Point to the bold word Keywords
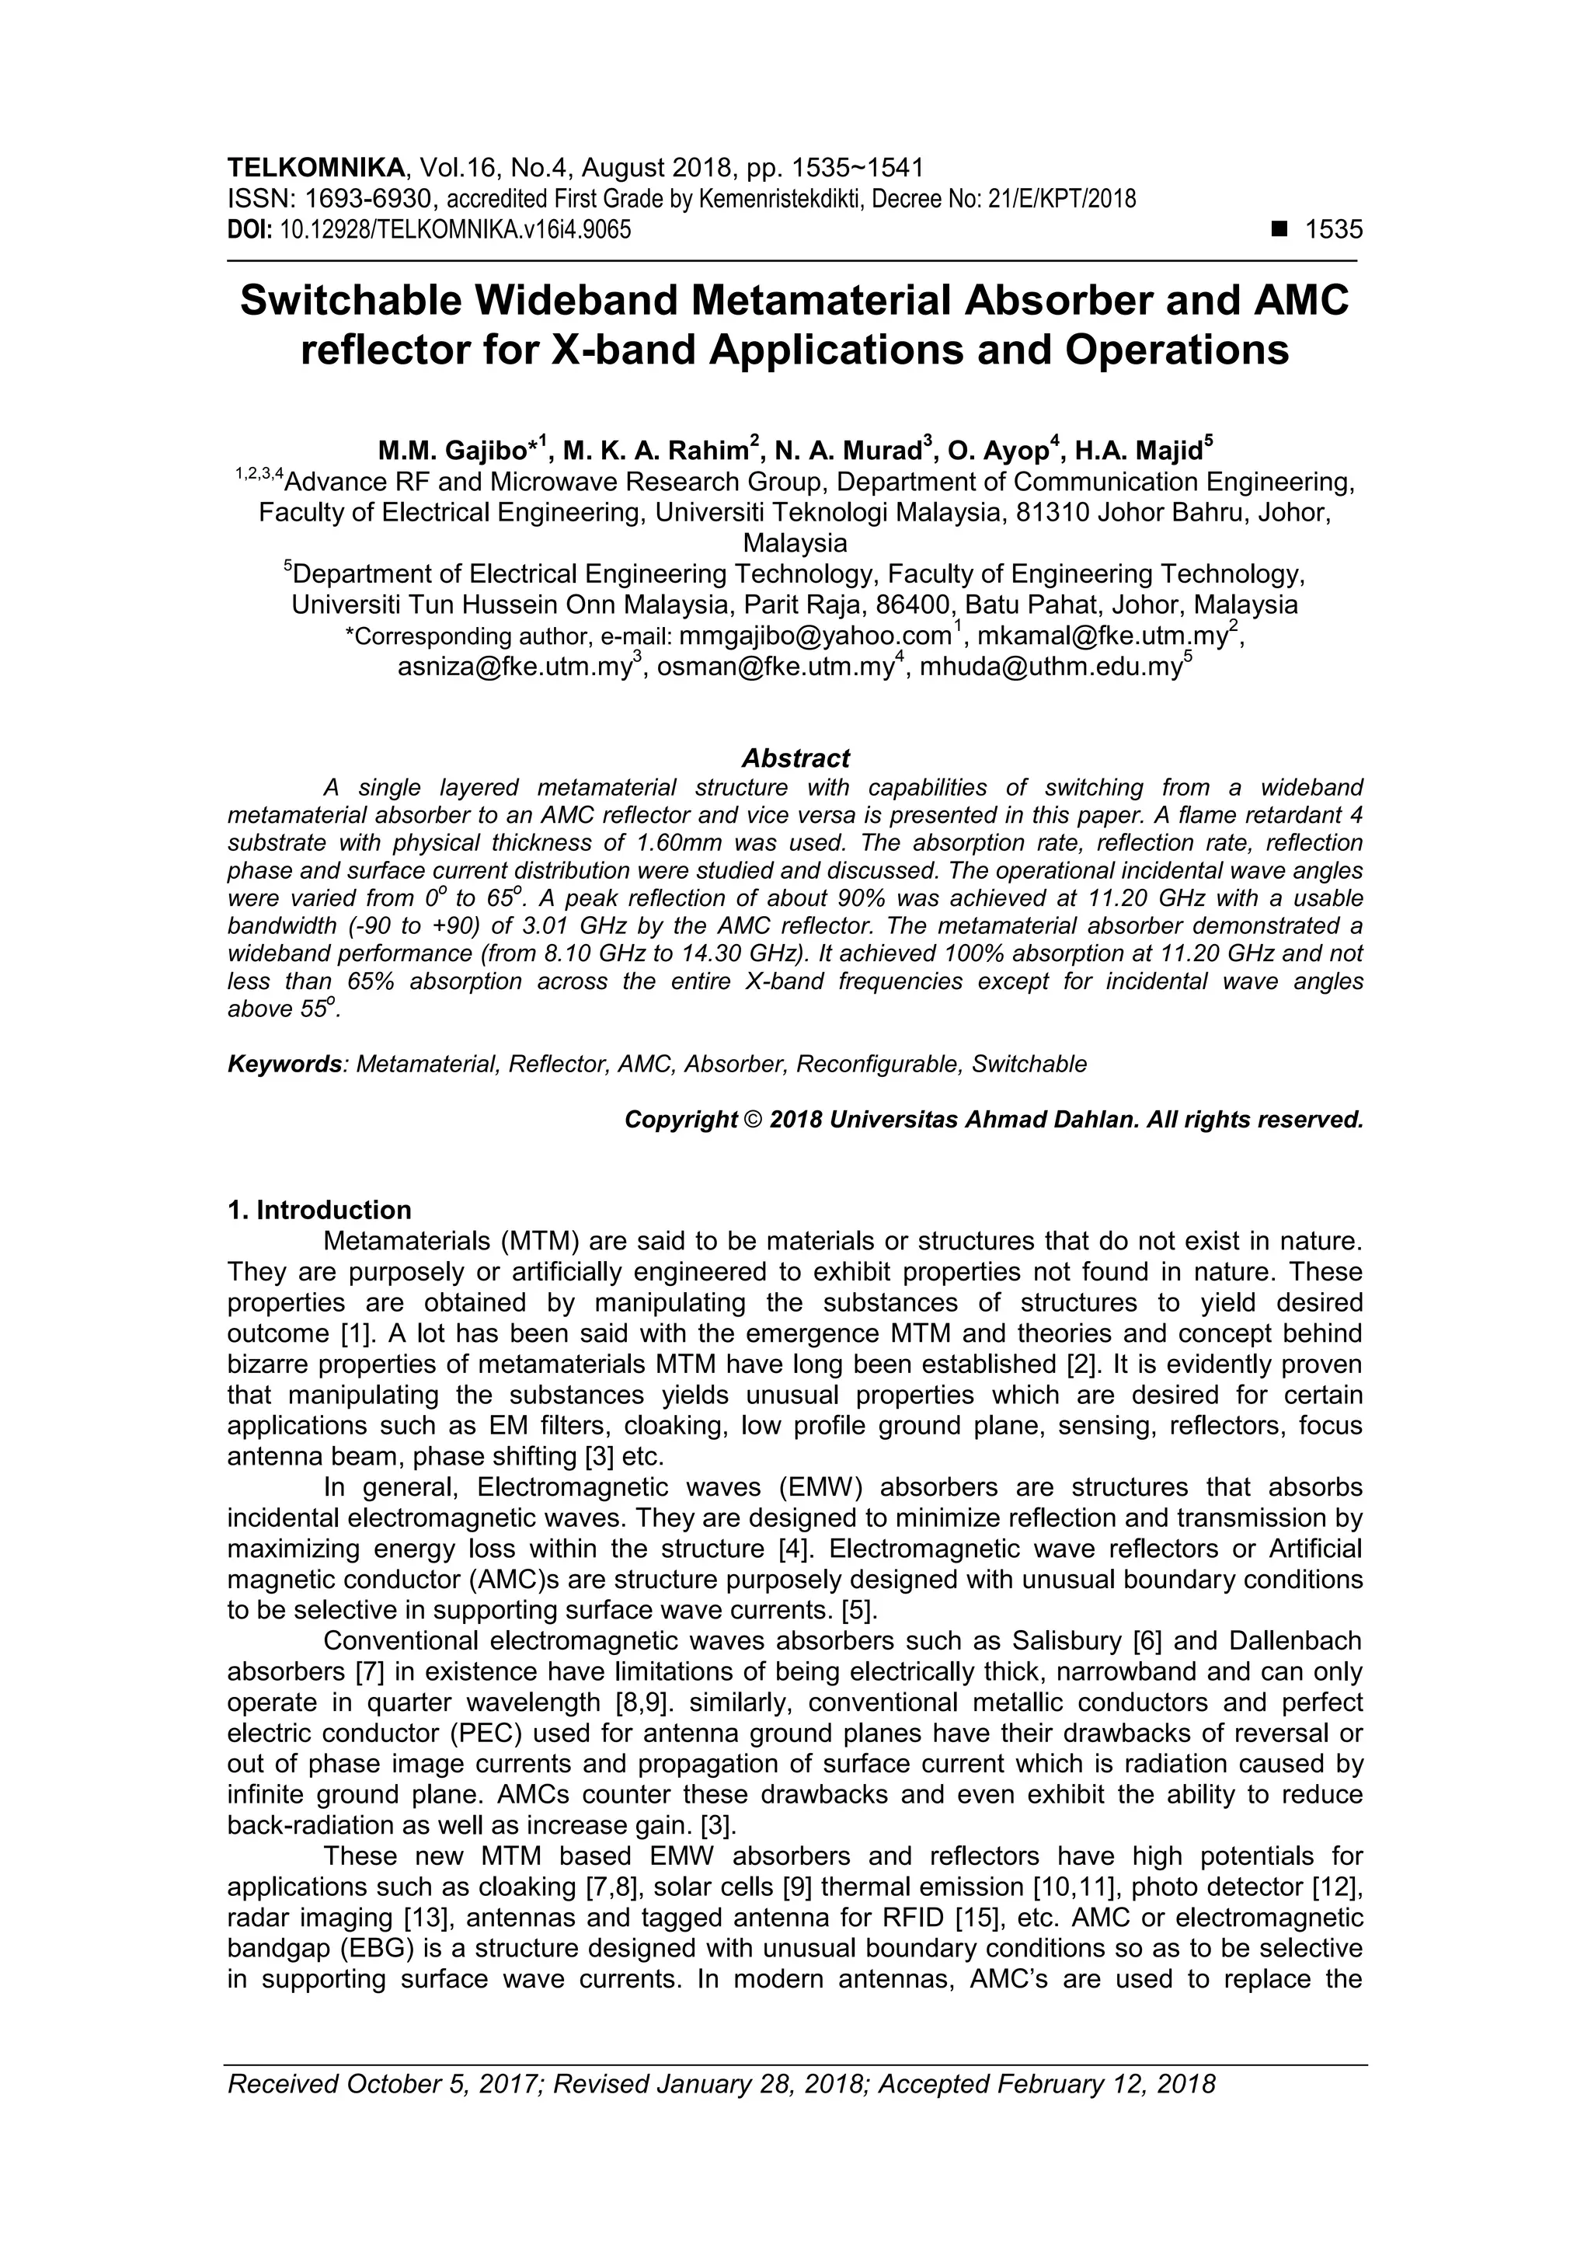pyautogui.click(x=285, y=1065)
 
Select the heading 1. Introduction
pyautogui.click(x=319, y=1210)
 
